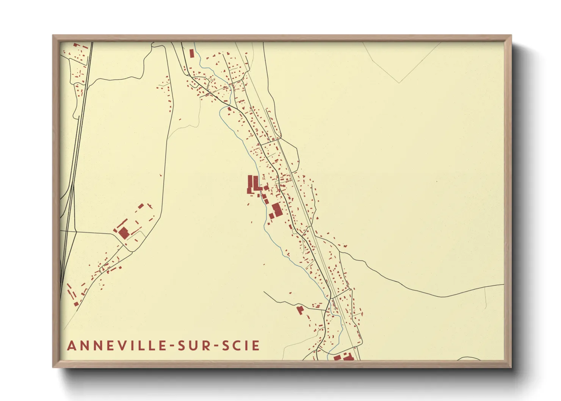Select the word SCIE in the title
click(241, 346)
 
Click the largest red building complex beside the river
click(254, 184)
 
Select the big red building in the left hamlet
click(124, 233)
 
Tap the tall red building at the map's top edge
click(191, 53)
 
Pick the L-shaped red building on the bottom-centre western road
click(300, 310)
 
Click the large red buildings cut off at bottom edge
click(343, 357)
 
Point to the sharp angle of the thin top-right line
click(399, 82)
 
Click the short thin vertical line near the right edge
click(486, 298)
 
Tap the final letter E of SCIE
click(256, 346)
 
